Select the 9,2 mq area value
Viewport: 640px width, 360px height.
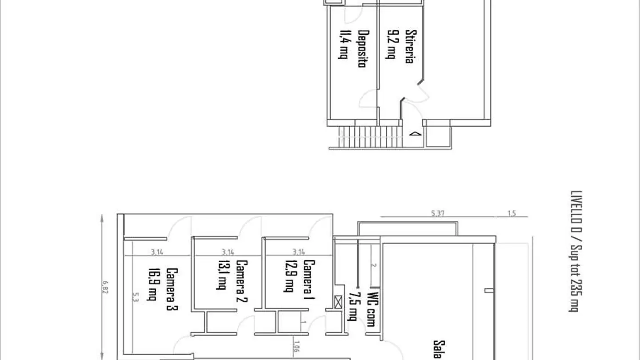click(x=391, y=44)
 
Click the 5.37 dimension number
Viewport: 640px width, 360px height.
click(x=438, y=214)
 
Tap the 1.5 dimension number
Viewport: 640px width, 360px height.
click(x=512, y=214)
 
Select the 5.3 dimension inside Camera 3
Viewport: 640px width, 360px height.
click(x=133, y=297)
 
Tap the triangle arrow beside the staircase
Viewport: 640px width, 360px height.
click(x=414, y=133)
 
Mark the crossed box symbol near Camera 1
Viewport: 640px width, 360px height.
click(x=338, y=303)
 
